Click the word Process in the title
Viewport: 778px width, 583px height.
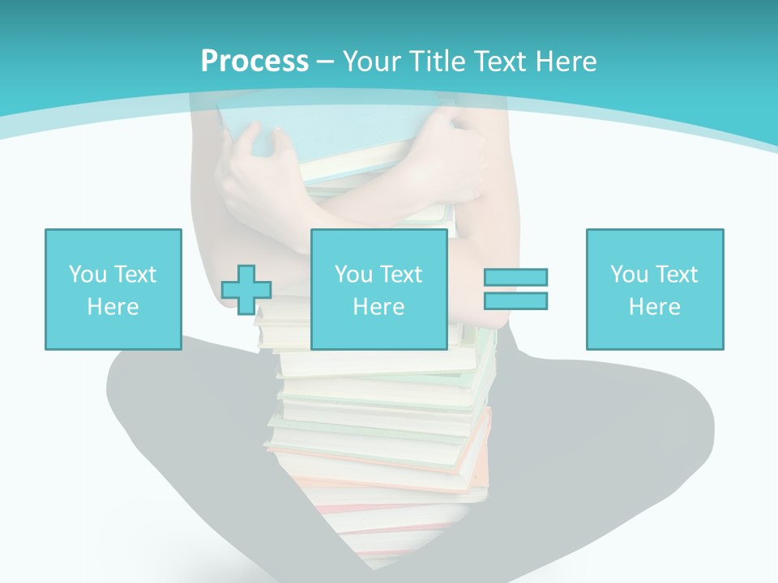pos(254,62)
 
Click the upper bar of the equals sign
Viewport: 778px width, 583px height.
pos(515,277)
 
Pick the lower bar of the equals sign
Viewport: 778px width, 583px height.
pos(515,300)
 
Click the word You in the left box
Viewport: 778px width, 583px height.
pos(88,274)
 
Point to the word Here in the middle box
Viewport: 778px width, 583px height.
pos(378,307)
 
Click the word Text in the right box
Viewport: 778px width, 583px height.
pos(676,274)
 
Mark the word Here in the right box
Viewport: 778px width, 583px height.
pos(654,307)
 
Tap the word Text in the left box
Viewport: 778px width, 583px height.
pos(135,274)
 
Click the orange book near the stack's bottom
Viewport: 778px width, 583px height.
pos(478,453)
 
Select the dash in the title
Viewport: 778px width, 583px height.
pos(325,62)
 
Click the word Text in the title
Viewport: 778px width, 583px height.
pos(498,62)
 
